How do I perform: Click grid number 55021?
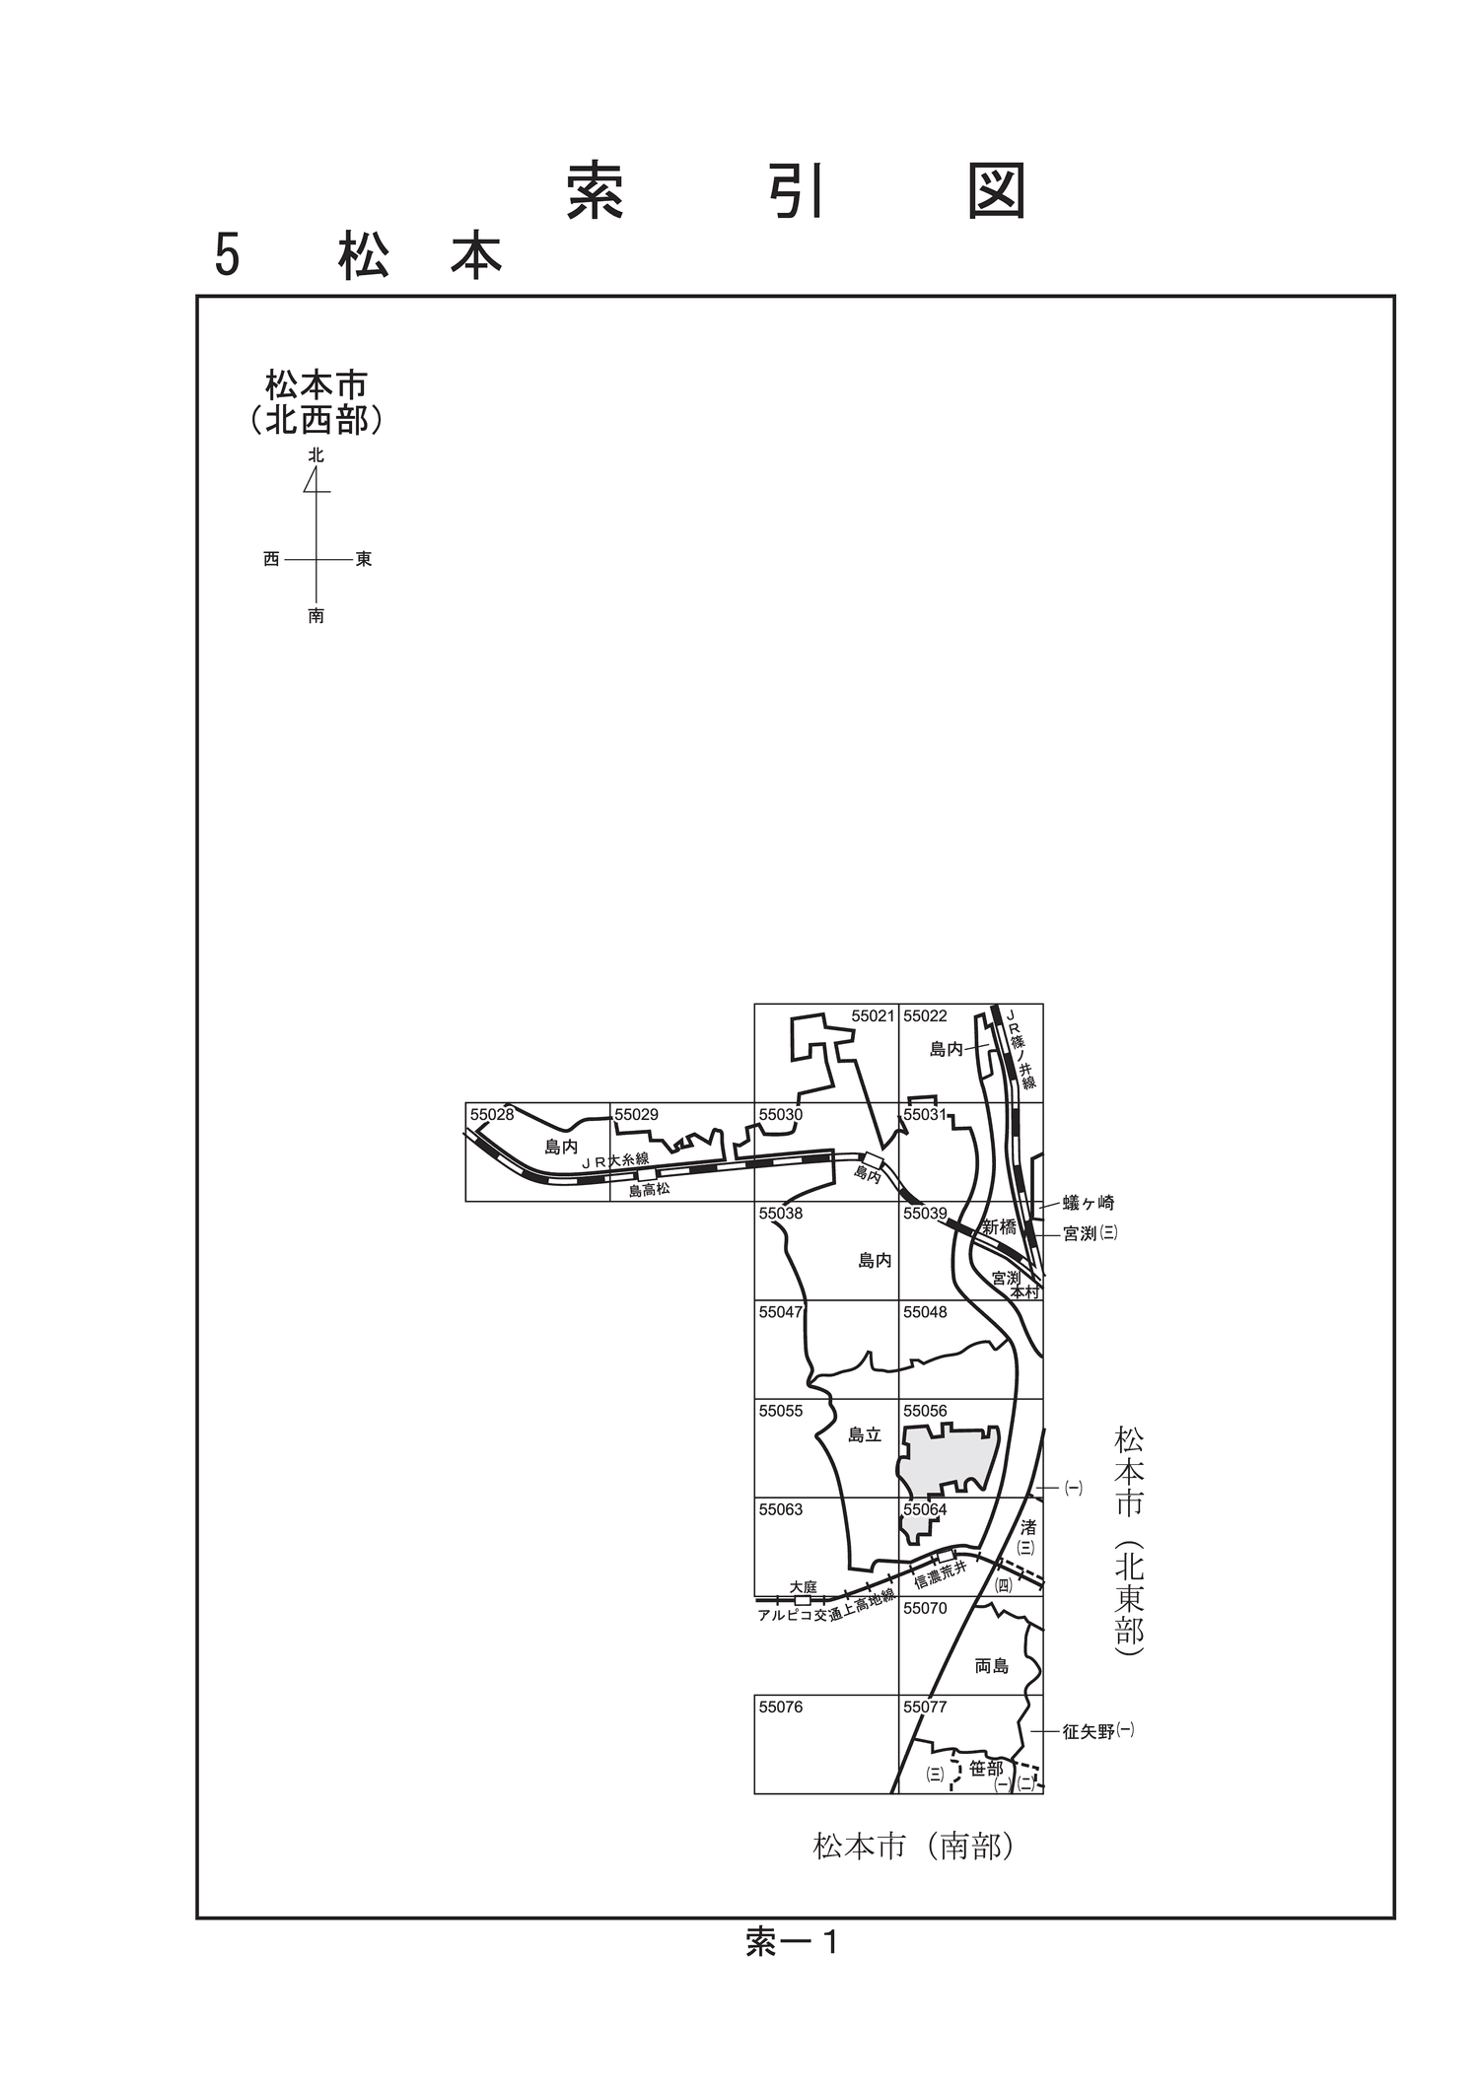[x=873, y=1015]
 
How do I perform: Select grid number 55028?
[x=492, y=1115]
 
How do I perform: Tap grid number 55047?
[x=781, y=1312]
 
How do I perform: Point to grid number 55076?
[x=781, y=1707]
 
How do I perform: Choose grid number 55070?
[x=925, y=1608]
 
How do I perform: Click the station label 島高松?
[x=649, y=1190]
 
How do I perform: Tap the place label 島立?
[x=865, y=1435]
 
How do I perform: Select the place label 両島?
[x=991, y=1666]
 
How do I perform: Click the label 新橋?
[x=999, y=1227]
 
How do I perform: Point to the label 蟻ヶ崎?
[x=1089, y=1203]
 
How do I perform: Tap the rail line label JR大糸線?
[x=615, y=1161]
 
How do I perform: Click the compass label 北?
[x=316, y=455]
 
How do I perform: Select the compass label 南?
[x=316, y=616]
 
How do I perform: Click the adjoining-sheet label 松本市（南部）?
[x=913, y=1846]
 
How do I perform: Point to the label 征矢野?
[x=1089, y=1731]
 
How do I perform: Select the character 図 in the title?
[x=997, y=190]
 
